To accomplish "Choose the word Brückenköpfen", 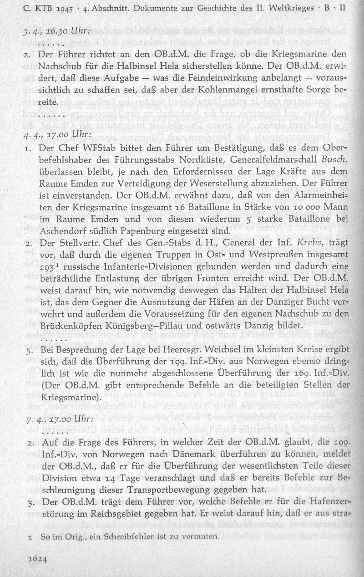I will (x=74, y=327).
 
